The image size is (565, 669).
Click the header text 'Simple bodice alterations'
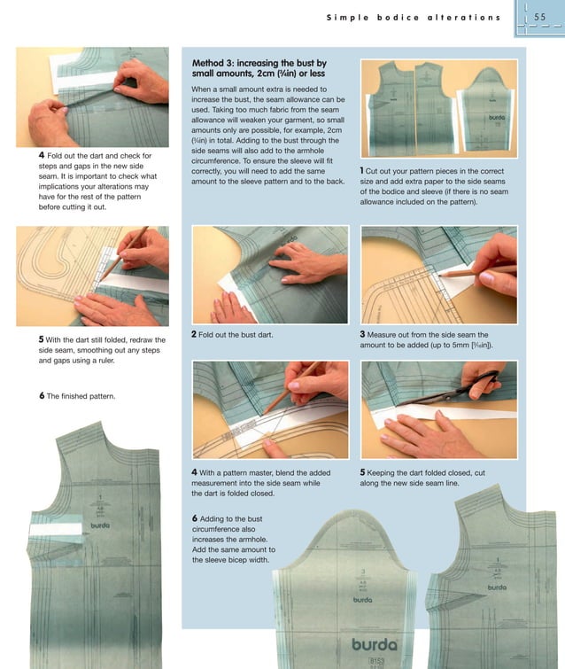tap(413, 17)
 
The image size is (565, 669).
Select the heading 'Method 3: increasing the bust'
tap(259, 64)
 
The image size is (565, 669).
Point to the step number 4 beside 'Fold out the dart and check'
tap(42, 156)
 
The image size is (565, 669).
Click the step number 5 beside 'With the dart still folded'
tap(42, 338)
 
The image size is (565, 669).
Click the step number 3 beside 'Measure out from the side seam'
tap(363, 335)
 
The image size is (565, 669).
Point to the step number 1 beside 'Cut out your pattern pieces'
tap(362, 170)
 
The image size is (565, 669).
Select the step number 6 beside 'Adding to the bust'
tap(194, 517)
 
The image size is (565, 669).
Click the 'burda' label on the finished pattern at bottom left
tap(100, 525)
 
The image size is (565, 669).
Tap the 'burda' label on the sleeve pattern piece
tap(362, 599)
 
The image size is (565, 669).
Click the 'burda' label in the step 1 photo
tap(495, 117)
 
